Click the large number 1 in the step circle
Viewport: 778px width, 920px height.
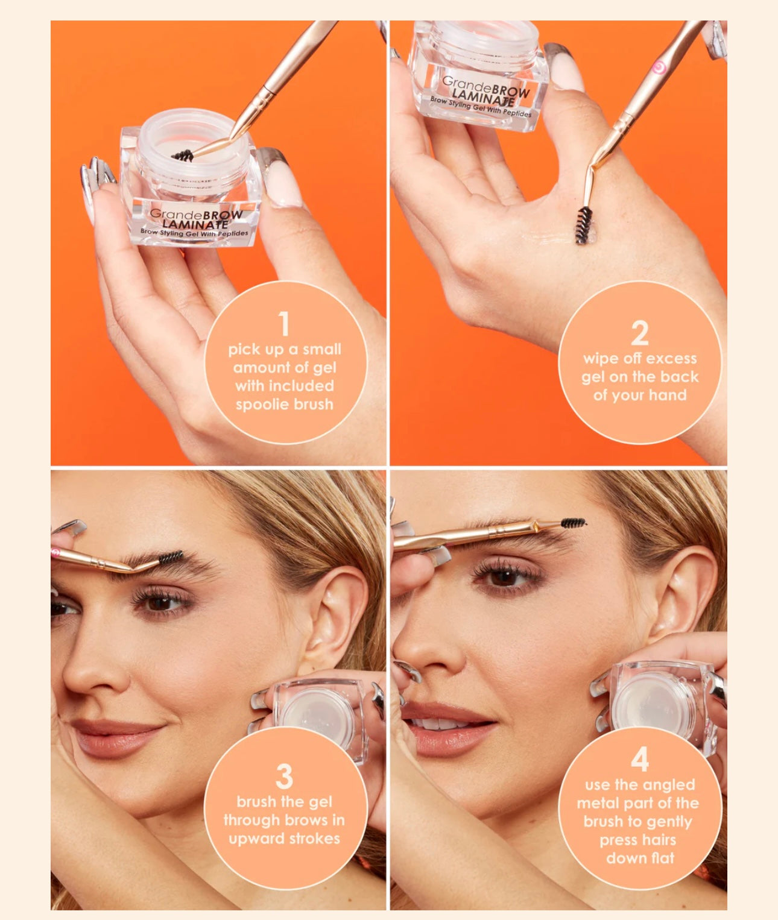tap(284, 324)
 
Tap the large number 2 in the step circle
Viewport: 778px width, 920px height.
tap(639, 333)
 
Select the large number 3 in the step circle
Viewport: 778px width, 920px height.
tap(284, 777)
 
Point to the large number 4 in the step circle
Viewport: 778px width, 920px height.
tap(639, 759)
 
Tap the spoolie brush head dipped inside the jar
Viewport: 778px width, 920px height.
tap(182, 156)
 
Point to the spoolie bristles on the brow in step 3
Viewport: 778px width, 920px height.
tap(171, 557)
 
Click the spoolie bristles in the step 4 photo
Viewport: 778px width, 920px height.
tap(573, 522)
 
